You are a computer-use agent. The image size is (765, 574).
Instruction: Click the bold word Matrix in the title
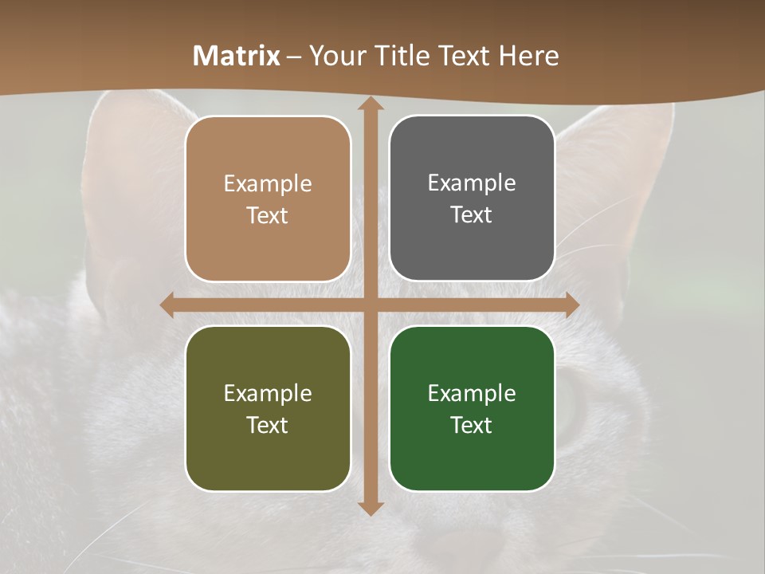(x=237, y=56)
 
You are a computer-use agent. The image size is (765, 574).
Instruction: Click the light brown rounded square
(x=268, y=199)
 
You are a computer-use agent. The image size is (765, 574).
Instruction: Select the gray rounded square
(x=472, y=199)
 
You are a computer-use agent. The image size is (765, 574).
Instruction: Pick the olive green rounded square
(x=268, y=408)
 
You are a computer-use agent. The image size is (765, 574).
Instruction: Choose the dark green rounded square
(x=472, y=408)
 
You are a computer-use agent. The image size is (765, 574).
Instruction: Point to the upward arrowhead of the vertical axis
(x=370, y=104)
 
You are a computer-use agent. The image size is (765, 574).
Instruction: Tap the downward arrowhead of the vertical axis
(x=370, y=507)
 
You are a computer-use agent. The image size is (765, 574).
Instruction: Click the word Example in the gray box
(x=472, y=183)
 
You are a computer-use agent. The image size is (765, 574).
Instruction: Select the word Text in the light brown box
(x=268, y=215)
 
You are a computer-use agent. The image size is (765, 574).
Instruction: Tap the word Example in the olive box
(x=268, y=393)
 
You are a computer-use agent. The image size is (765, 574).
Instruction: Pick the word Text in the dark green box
(x=472, y=425)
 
